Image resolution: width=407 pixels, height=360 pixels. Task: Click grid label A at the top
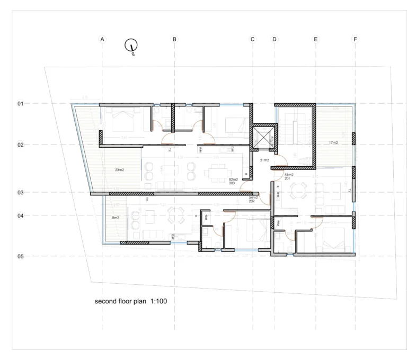point(102,39)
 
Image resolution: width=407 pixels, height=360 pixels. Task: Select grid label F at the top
point(355,39)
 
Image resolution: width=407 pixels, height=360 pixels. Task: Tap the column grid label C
point(252,39)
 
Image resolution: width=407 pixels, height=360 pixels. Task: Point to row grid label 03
point(21,193)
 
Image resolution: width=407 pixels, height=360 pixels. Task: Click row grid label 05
point(21,256)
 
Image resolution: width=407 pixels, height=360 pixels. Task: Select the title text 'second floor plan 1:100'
point(131,301)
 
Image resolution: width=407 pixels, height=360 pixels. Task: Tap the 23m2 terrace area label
point(119,170)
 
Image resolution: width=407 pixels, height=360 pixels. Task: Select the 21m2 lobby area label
point(264,160)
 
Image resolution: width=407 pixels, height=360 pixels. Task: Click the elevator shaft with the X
point(263,136)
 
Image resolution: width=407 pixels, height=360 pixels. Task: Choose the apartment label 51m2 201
point(289,177)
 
